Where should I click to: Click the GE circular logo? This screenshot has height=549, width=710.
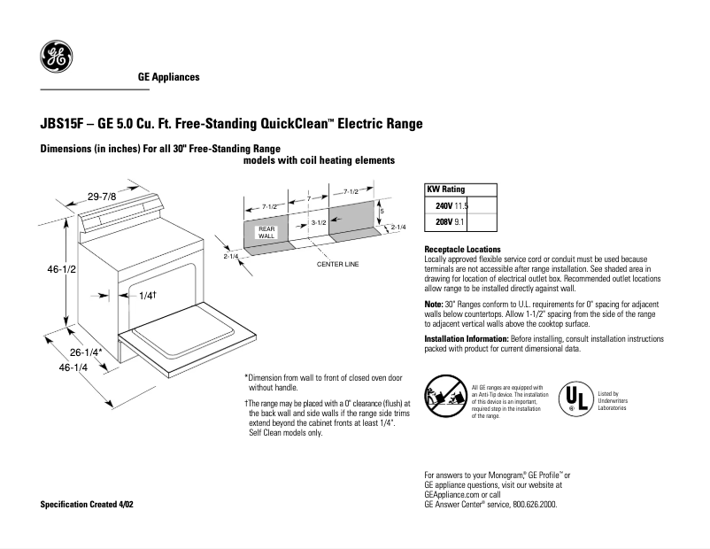(56, 58)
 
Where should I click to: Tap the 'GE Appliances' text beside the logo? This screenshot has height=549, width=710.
(168, 77)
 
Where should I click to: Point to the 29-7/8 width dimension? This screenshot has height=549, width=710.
(102, 196)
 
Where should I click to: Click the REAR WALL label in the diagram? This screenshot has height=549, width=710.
(266, 233)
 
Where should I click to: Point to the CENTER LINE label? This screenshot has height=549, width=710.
(338, 264)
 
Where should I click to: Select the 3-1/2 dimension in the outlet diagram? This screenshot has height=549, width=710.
(320, 222)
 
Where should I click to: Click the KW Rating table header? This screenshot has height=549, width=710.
(446, 189)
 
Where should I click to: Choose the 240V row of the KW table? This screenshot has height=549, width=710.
(451, 205)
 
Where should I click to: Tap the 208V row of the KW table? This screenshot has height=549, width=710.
(451, 220)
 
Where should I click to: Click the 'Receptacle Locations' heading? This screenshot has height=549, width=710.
(462, 250)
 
